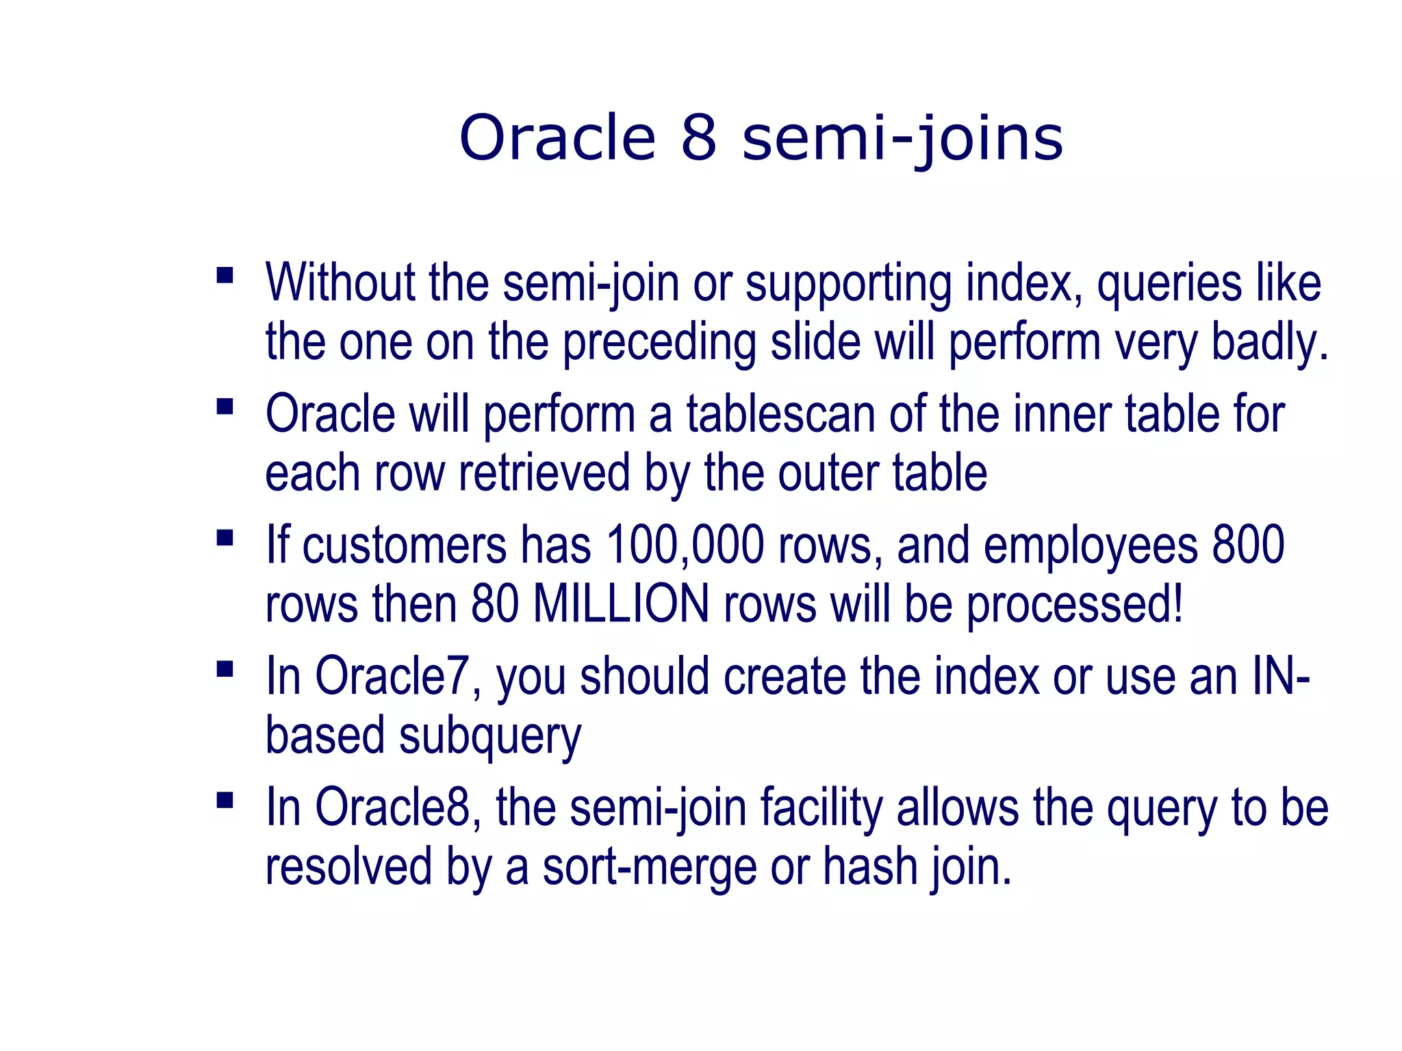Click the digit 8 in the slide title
[698, 138]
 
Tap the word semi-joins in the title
[902, 140]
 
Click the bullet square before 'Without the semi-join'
[225, 276]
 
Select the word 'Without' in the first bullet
[340, 283]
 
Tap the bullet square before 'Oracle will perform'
[225, 407]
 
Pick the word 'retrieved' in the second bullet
[544, 473]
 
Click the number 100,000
[685, 545]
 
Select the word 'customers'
[404, 545]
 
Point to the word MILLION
[621, 604]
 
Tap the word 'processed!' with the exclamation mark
[1075, 604]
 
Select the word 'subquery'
[490, 736]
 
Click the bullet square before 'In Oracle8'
[225, 800]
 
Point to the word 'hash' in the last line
[869, 866]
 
